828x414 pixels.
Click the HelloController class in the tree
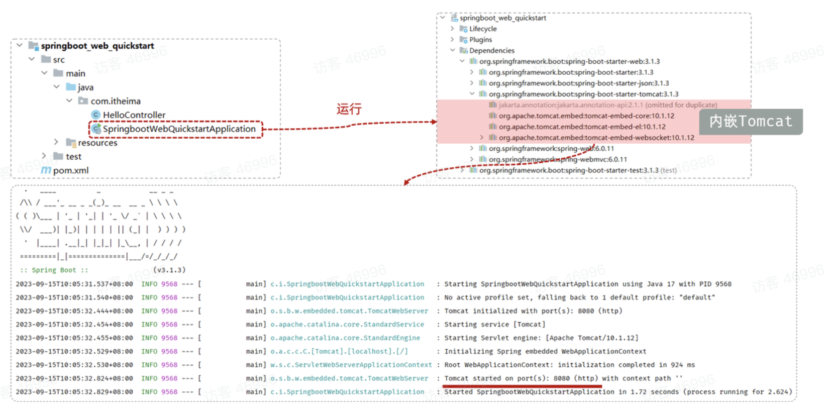134,115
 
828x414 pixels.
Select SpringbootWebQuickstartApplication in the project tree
179,129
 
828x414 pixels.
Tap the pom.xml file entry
70,170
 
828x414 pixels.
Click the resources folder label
97,143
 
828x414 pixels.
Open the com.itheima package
115,101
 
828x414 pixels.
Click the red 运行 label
349,109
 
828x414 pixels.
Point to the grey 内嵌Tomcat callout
751,122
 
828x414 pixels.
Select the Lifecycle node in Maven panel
482,29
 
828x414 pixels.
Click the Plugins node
480,40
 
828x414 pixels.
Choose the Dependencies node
491,51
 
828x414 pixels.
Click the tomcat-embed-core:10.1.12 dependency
586,116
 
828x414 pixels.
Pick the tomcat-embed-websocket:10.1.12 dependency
596,138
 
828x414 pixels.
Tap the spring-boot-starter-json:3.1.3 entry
578,83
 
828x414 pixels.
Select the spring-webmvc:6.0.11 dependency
558,159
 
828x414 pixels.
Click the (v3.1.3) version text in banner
169,270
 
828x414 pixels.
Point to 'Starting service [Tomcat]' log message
494,325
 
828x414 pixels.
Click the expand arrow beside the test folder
44,156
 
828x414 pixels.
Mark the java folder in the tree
85,87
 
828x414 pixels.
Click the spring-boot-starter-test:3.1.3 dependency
568,170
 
